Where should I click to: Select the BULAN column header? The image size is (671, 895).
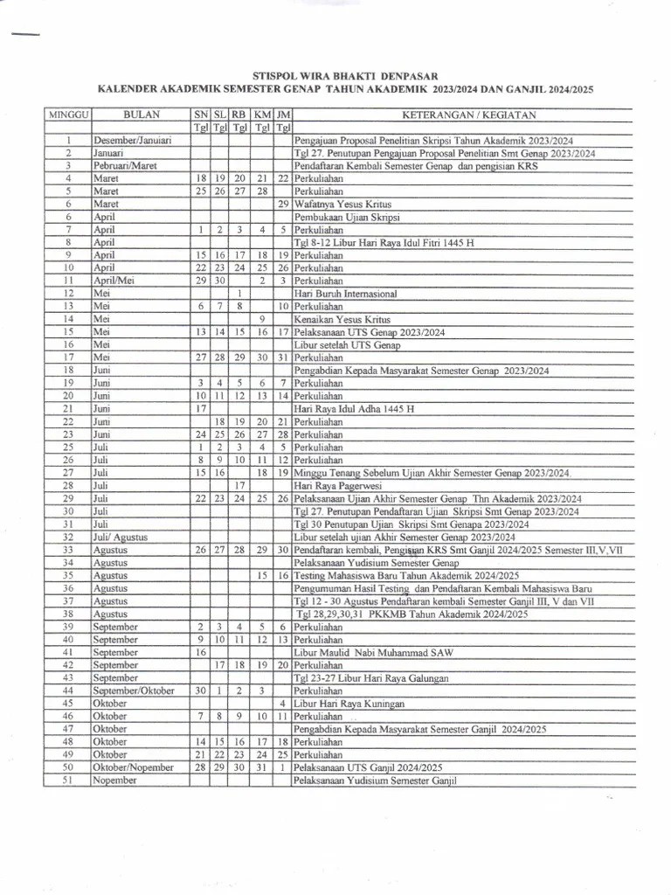pos(141,114)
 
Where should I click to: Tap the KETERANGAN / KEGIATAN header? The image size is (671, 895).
pos(468,114)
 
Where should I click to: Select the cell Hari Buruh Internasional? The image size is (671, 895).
pos(345,294)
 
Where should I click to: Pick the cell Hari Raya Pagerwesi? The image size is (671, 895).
pos(336,485)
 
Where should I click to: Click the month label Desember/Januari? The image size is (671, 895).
pos(132,140)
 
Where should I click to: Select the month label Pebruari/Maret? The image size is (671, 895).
pos(126,165)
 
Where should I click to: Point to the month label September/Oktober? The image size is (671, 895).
pos(134,690)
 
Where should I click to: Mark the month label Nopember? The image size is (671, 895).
pos(114,781)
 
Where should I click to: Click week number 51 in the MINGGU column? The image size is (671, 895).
pos(67,781)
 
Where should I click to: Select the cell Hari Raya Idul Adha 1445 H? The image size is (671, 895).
pos(354,409)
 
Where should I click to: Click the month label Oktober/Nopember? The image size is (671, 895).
pos(132,767)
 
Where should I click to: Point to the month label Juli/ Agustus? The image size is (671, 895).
pos(121,538)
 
